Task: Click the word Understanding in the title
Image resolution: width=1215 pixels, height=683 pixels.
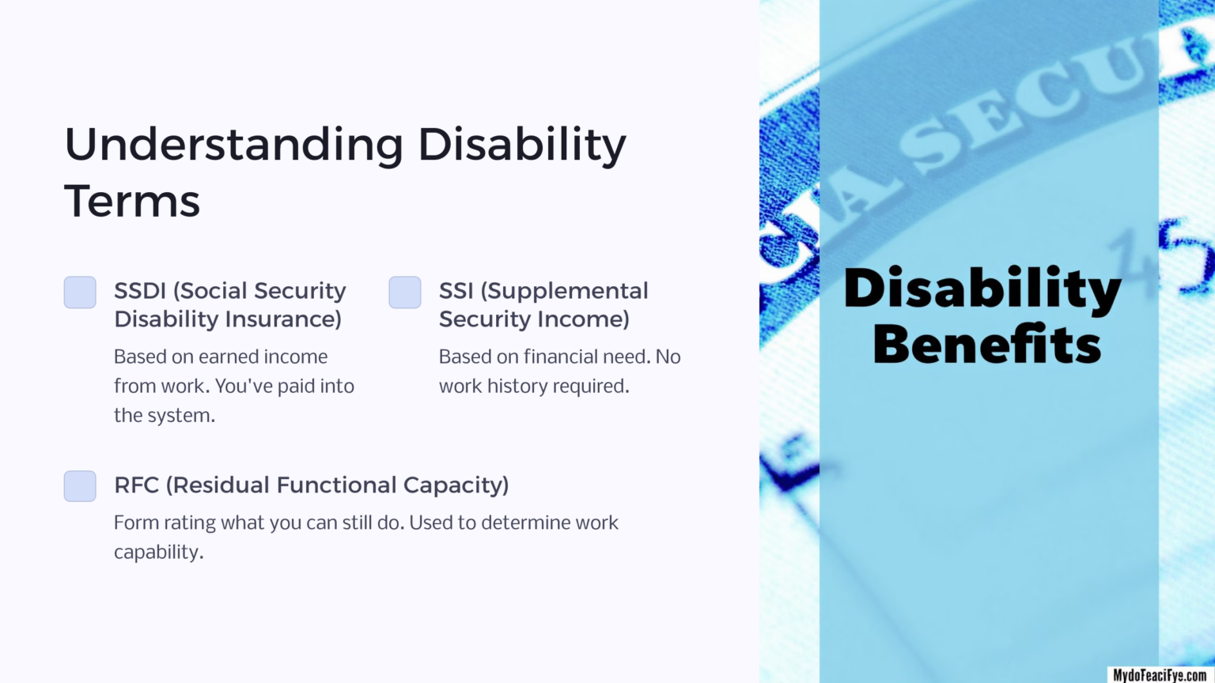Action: (233, 146)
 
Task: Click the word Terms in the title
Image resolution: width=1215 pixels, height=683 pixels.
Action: (132, 202)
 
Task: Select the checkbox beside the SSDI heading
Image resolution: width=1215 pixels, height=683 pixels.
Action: (80, 292)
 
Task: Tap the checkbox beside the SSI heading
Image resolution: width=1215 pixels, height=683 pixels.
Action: (405, 292)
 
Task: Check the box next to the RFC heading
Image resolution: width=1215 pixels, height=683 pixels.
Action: (80, 486)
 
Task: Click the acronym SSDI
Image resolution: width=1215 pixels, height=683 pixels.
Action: (140, 291)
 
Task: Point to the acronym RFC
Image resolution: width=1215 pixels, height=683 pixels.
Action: (136, 485)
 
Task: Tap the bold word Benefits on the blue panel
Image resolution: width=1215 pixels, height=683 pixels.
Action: (986, 345)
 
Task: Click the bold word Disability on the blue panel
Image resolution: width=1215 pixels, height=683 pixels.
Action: (982, 289)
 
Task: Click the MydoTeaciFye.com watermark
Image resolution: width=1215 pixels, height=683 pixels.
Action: (1160, 674)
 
